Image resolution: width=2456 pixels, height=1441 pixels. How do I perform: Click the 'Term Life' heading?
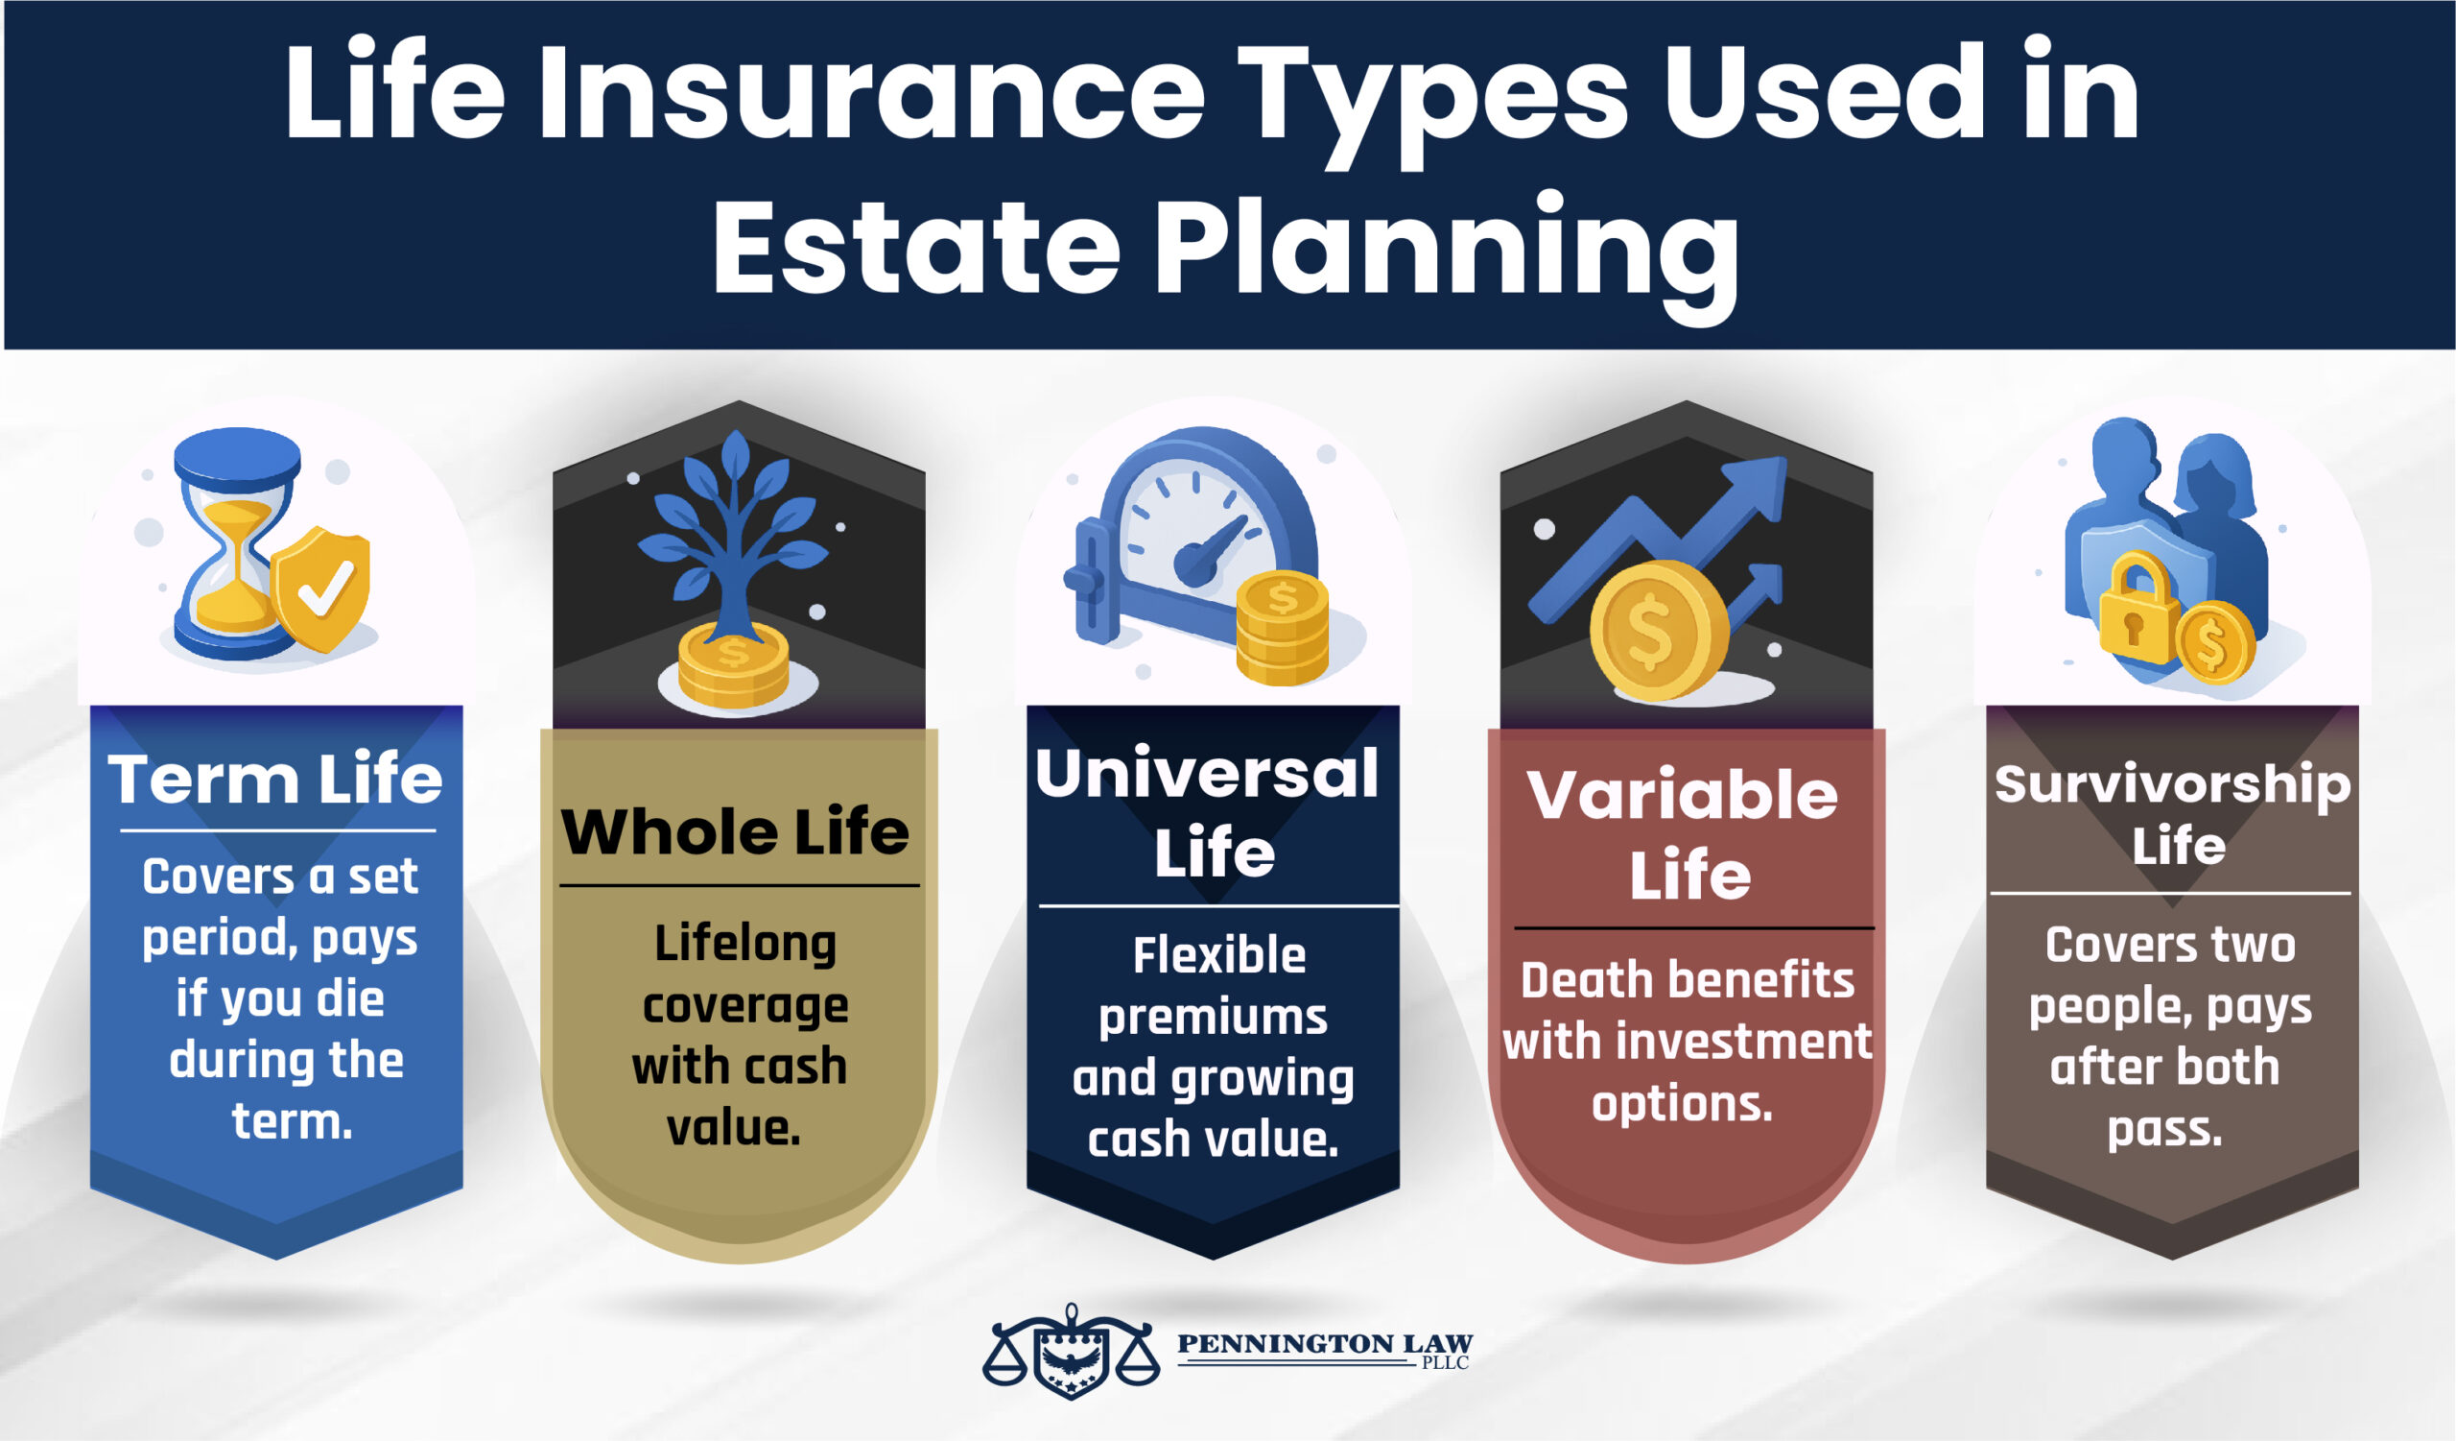[275, 780]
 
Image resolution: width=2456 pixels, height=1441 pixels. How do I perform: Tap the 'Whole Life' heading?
[736, 832]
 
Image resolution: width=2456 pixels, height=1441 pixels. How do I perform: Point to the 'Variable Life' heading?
[1684, 833]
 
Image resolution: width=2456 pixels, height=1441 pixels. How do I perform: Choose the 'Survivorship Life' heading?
[2172, 813]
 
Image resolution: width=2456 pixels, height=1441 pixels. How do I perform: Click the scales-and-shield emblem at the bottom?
[1071, 1352]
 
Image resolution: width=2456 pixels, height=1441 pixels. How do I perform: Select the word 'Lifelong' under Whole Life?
[745, 943]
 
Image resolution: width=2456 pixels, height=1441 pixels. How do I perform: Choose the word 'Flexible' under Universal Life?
[1218, 955]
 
